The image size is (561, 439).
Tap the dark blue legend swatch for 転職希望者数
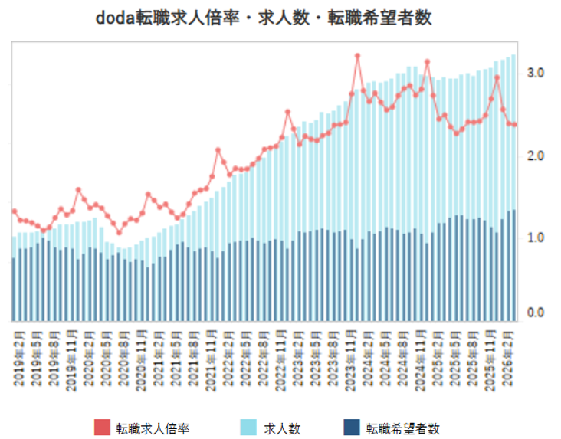[352, 428]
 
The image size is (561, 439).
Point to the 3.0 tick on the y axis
[536, 73]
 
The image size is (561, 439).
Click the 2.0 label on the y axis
[536, 156]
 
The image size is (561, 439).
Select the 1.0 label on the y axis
[536, 238]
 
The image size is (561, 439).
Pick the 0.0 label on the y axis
[536, 313]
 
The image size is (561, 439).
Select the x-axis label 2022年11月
[282, 357]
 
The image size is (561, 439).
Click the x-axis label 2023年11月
[352, 357]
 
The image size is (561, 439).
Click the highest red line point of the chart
[357, 56]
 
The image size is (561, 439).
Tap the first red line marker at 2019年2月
[14, 211]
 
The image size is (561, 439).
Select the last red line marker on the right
[514, 125]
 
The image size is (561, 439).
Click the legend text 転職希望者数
[402, 428]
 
